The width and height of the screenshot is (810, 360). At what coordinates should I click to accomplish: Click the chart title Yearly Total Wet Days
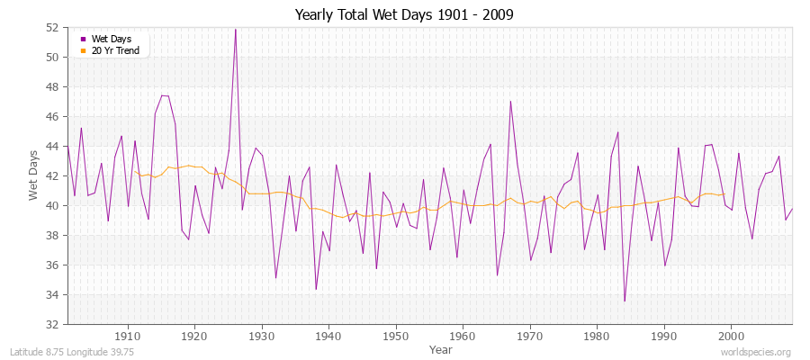(404, 15)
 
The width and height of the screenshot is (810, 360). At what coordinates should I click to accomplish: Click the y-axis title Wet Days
(33, 175)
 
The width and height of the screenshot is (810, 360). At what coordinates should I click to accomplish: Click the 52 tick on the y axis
(52, 28)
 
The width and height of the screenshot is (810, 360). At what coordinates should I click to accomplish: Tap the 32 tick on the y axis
(52, 324)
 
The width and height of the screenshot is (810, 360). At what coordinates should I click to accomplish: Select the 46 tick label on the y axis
(52, 117)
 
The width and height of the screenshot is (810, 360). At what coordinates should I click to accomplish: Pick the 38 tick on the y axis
(52, 236)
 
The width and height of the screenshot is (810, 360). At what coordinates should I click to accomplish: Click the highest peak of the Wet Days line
(236, 29)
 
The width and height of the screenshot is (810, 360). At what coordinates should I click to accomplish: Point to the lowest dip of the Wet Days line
(625, 301)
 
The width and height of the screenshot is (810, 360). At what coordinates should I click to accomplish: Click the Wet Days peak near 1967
(510, 101)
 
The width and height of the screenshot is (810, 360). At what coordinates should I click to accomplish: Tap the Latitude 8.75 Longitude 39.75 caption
(72, 352)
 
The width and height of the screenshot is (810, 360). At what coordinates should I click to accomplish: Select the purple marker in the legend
(84, 39)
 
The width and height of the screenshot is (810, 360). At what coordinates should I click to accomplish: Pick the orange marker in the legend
(84, 50)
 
